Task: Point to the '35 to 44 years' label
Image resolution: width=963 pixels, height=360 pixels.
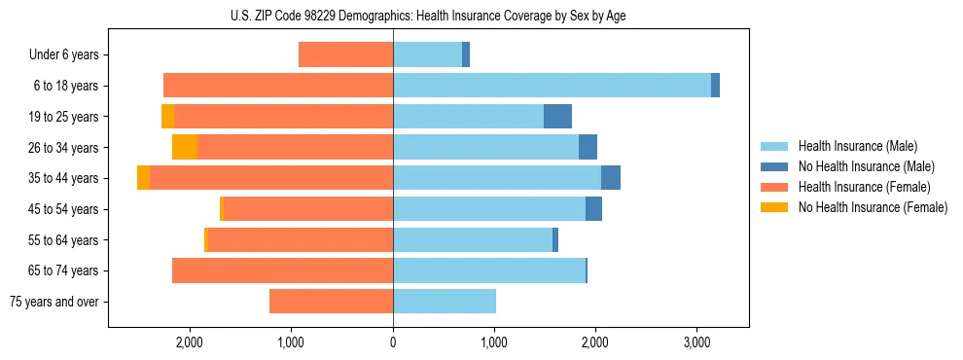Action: pos(64,178)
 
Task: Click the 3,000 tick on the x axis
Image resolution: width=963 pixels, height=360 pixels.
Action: pos(696,342)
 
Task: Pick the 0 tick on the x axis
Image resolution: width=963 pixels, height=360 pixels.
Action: pos(393,342)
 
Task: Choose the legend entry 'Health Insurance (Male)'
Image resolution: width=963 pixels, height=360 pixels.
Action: pos(857,146)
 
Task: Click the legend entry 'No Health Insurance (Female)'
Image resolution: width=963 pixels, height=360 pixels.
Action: pos(873,207)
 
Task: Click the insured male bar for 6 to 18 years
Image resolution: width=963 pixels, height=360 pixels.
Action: pos(552,86)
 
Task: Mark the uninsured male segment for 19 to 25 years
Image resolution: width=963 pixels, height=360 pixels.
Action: pos(557,117)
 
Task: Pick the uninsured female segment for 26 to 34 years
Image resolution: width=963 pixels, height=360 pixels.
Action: pos(185,147)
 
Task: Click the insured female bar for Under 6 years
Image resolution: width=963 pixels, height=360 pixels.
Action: pos(345,54)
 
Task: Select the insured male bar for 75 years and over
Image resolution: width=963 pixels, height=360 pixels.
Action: pos(445,302)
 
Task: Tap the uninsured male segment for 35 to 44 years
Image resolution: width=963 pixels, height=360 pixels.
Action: pos(611,178)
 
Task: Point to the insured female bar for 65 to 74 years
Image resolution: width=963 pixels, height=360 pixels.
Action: pos(282,270)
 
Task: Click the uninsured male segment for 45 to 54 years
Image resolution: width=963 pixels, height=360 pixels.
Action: pos(593,209)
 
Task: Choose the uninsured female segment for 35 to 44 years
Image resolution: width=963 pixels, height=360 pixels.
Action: pos(144,178)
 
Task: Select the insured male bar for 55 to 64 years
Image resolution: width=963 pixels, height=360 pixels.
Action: pos(473,239)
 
